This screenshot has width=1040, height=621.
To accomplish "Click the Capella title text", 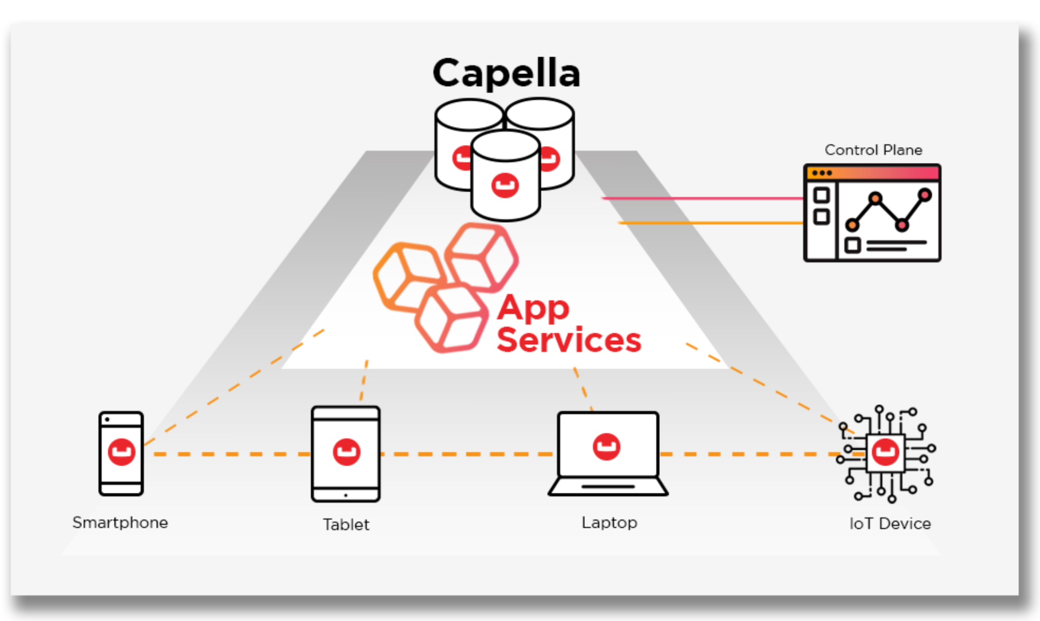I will [x=507, y=74].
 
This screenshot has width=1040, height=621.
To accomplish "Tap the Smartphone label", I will [x=120, y=523].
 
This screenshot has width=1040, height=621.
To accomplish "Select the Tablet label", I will [x=346, y=524].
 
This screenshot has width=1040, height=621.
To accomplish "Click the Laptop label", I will [x=609, y=523].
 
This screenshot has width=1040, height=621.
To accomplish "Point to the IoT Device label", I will [x=890, y=524].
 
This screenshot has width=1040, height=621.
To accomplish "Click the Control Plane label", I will [x=873, y=150].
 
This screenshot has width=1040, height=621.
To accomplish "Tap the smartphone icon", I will [x=121, y=453].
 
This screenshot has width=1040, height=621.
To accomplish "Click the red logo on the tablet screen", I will [x=346, y=452].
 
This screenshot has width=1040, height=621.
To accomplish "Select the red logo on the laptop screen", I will [x=606, y=447].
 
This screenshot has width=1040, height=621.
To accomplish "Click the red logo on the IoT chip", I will [x=885, y=452].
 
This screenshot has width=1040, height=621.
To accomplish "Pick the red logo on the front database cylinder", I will [x=505, y=185].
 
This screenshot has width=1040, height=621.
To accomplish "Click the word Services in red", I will [x=569, y=341].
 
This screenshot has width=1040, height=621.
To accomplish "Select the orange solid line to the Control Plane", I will [x=710, y=223].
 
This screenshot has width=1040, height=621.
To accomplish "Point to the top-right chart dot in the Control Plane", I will [x=925, y=195].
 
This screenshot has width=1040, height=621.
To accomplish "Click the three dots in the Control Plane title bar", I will [x=822, y=173].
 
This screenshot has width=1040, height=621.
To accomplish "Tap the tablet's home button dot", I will [x=346, y=495].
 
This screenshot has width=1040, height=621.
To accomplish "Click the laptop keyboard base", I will [x=608, y=487].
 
